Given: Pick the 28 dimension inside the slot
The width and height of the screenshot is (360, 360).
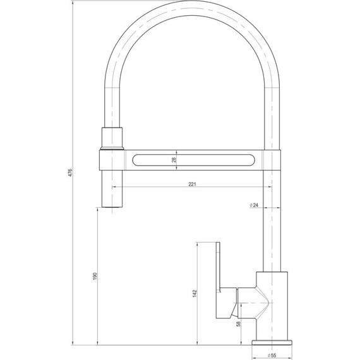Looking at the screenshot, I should [174, 160].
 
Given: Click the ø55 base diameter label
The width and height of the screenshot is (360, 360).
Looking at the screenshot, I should [273, 355].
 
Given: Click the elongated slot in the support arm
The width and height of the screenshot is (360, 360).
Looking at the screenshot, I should [194, 160].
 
